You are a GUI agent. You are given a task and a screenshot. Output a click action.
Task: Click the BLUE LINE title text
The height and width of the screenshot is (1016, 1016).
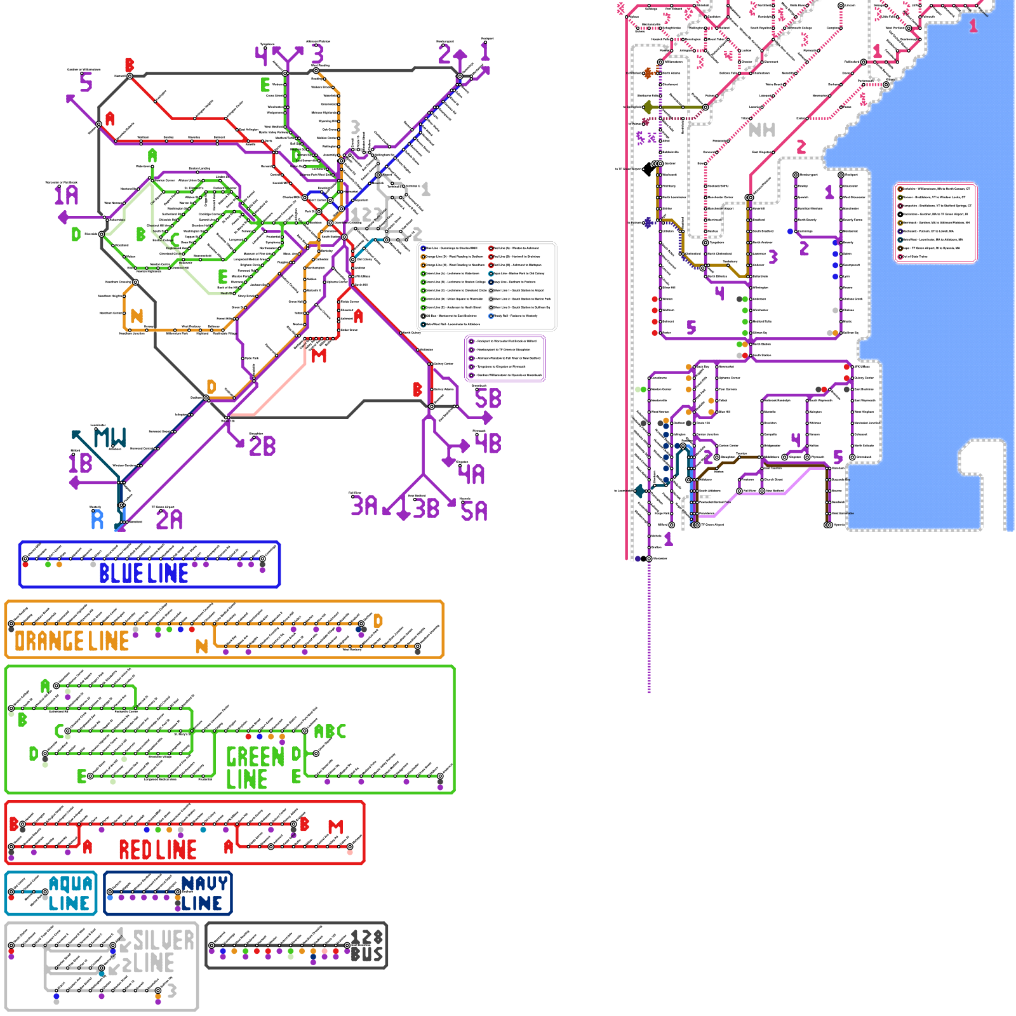pyautogui.click(x=144, y=573)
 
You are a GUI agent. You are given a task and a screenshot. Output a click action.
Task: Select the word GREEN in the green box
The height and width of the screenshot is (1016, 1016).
pyautogui.click(x=255, y=756)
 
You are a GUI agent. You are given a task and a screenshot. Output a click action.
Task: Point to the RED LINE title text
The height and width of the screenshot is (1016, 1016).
pyautogui.click(x=157, y=850)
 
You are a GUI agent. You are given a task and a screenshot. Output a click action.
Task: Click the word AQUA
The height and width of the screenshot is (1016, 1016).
pyautogui.click(x=70, y=884)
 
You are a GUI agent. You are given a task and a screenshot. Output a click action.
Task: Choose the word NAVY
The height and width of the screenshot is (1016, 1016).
pyautogui.click(x=204, y=883)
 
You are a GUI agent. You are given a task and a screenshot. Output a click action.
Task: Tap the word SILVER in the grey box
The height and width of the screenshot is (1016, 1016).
pyautogui.click(x=163, y=940)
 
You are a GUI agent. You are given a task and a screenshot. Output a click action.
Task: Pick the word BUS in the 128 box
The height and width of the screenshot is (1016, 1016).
pyautogui.click(x=367, y=954)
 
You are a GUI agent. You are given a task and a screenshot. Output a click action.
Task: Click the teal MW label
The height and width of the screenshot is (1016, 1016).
pyautogui.click(x=110, y=438)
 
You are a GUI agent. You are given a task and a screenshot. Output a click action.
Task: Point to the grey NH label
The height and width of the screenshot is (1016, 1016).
pyautogui.click(x=762, y=130)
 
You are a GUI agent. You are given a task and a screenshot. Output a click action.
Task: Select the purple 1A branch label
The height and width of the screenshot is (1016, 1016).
pyautogui.click(x=66, y=195)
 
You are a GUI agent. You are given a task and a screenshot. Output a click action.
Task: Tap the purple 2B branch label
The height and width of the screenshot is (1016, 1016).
pyautogui.click(x=262, y=446)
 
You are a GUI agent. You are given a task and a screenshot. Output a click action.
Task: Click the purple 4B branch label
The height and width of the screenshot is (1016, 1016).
pyautogui.click(x=488, y=443)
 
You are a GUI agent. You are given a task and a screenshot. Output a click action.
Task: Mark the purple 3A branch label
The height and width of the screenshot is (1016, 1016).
pyautogui.click(x=364, y=506)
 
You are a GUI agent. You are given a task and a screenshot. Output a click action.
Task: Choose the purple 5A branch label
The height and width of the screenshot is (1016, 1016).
pyautogui.click(x=474, y=511)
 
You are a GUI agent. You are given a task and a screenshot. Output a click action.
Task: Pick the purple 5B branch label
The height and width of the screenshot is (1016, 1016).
pyautogui.click(x=488, y=399)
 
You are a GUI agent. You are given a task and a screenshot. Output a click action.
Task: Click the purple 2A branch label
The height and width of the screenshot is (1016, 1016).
pyautogui.click(x=169, y=519)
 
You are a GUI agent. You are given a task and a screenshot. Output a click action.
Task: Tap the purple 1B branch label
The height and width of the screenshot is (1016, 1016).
pyautogui.click(x=81, y=463)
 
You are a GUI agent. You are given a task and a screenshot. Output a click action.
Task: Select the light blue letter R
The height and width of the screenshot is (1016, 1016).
pyautogui.click(x=97, y=519)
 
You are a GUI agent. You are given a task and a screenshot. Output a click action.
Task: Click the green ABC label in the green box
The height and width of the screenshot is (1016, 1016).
pyautogui.click(x=330, y=732)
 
